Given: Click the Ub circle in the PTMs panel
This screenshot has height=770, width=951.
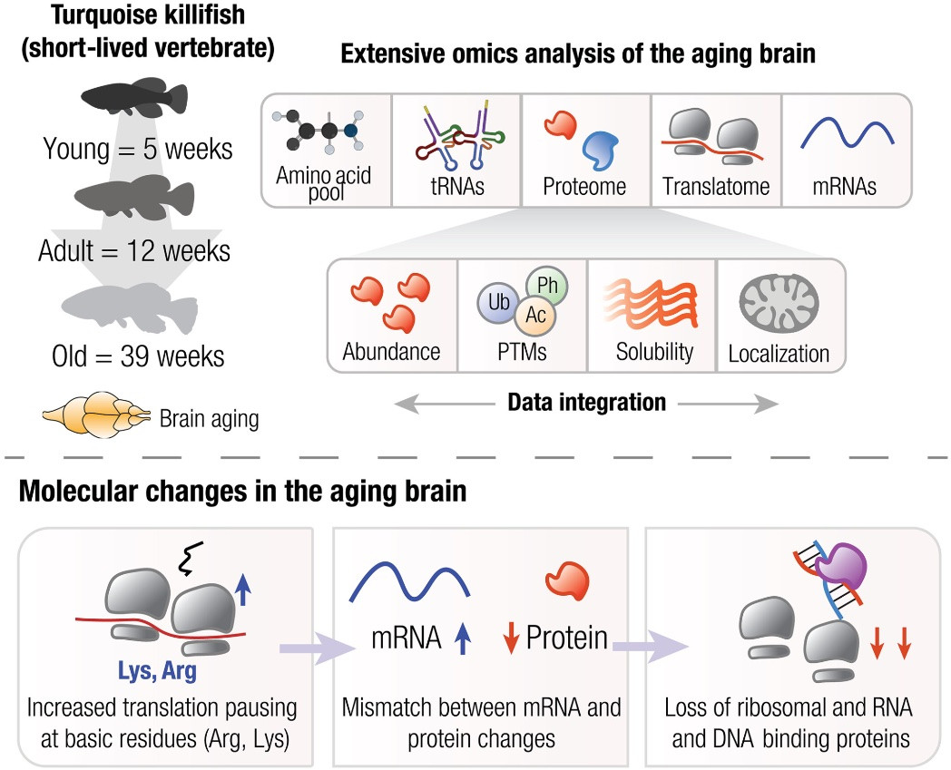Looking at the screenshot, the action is pos(497,302).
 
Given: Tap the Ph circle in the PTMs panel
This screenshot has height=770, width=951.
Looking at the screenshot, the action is pos(547,286).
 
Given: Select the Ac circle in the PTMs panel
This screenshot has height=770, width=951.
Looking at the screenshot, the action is pos(535,316).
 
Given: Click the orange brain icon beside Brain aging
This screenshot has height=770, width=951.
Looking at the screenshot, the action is pos(96,414).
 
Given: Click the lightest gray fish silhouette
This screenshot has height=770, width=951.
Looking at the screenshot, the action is pos(130,307).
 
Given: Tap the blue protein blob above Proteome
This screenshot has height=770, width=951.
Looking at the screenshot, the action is pos(600,150).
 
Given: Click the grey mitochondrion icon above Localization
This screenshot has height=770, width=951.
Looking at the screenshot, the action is pos(779,303).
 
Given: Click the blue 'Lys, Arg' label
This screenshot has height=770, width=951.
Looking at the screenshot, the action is pos(157,670).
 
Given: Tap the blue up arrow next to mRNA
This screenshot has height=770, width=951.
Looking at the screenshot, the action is pos(463,638).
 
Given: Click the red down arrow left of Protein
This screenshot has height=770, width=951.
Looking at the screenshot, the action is pos(511,638).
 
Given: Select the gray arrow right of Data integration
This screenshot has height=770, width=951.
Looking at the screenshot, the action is pos(728,404).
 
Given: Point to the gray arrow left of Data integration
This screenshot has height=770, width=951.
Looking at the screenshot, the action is pos(445,404).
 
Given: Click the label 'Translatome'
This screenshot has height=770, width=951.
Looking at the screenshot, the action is pos(716,186).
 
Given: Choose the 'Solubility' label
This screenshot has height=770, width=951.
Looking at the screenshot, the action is pos(654,352).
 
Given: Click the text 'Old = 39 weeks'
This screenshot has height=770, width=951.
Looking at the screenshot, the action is pos(138,356).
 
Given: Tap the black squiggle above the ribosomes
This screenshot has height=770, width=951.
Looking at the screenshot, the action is pos(190,559).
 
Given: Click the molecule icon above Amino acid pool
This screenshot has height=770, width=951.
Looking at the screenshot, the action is pos(318,130).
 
